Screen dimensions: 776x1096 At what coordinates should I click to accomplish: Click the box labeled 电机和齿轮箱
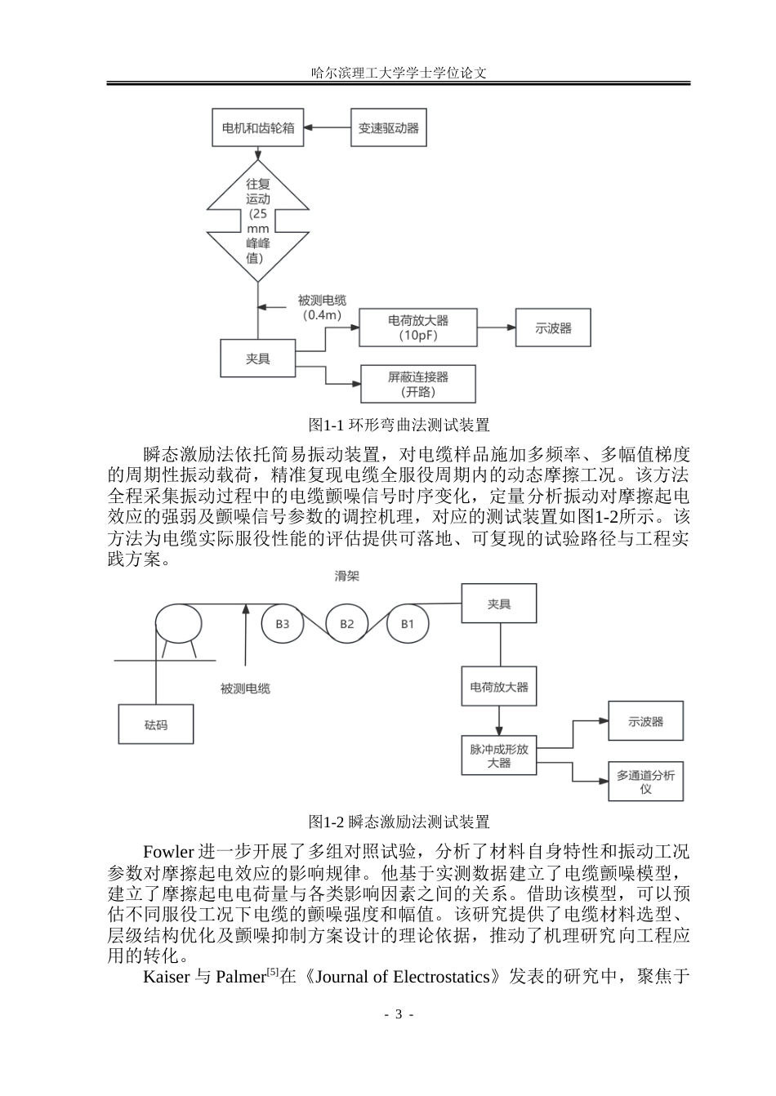coord(258,127)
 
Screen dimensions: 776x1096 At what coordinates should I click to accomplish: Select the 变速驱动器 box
coord(389,127)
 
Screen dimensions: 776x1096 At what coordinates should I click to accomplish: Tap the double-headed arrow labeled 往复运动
coord(258,221)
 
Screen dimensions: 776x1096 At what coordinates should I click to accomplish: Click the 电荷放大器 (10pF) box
coord(418,327)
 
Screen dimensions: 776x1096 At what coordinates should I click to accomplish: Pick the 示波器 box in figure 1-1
coord(553,327)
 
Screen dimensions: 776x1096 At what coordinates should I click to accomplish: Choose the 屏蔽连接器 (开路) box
coord(418,384)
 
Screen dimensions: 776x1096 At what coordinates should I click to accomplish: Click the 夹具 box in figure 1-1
coord(258,359)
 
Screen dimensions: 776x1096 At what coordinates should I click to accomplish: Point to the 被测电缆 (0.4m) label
coord(322,308)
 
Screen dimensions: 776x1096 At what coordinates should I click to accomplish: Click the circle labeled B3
coord(283,623)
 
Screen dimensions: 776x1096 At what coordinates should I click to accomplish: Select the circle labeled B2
coord(346,623)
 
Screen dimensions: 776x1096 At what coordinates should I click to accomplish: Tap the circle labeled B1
coord(408,623)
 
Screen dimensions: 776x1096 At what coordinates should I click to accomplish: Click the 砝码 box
coord(156,724)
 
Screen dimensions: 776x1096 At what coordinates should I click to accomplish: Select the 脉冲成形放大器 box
coord(499,755)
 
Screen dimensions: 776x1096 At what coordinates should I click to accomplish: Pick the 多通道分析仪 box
coord(646,781)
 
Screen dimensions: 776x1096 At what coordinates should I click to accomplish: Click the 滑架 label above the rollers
coord(347,576)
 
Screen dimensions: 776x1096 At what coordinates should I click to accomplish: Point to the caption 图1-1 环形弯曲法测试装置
coord(399,425)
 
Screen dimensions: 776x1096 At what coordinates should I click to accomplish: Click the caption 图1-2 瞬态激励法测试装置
coord(399,822)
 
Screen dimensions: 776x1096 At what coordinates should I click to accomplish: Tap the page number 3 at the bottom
coord(399,1014)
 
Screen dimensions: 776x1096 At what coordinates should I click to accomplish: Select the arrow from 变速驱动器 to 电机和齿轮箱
coord(328,127)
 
